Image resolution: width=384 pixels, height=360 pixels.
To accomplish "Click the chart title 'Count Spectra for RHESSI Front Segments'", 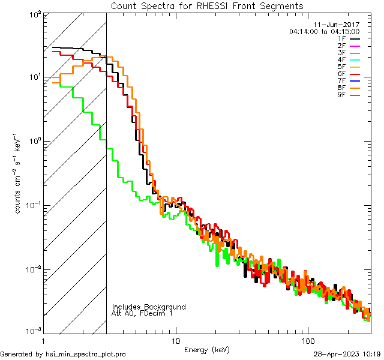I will [207, 6].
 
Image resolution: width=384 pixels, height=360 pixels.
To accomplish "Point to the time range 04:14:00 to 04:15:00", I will [324, 31].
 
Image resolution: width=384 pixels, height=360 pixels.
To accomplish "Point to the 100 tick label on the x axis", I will [307, 340].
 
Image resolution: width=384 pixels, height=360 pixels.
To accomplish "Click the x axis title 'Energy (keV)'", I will [207, 350].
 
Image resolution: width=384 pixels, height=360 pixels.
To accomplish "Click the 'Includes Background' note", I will [149, 307].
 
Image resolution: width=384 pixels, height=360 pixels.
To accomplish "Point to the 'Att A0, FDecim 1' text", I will [142, 314].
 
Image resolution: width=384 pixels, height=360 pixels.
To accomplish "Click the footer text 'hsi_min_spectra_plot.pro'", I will [86, 354].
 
